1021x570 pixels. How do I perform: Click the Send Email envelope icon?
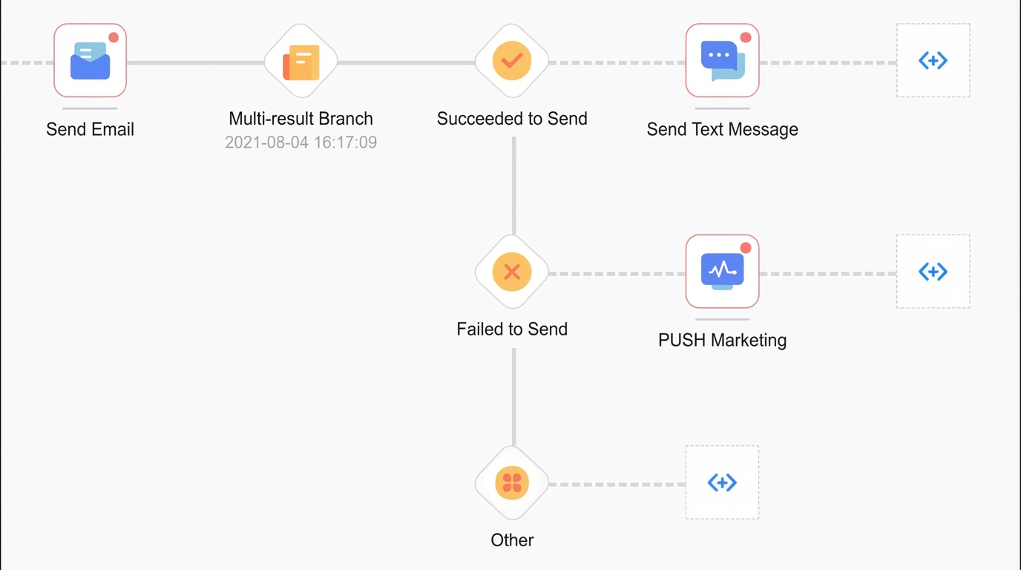tap(91, 61)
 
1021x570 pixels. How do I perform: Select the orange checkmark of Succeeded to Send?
tap(512, 61)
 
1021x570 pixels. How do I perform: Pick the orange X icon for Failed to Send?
tap(512, 272)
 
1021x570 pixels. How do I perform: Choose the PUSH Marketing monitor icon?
tap(723, 272)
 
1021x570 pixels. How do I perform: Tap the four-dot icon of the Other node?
tap(512, 483)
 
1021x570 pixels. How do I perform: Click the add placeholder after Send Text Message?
tap(933, 60)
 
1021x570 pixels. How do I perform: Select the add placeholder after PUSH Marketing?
tap(933, 272)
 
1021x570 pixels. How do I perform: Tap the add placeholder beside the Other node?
tap(722, 482)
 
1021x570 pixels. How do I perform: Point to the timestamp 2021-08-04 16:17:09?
tap(301, 142)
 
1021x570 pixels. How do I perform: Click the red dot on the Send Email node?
tap(114, 37)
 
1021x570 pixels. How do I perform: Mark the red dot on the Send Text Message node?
tap(746, 37)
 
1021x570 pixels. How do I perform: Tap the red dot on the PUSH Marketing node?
tap(746, 248)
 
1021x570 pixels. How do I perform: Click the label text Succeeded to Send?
tap(512, 119)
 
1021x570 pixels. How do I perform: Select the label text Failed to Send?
tap(512, 330)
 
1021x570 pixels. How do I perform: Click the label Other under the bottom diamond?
tap(512, 540)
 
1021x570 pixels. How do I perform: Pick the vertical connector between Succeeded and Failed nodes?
tap(514, 186)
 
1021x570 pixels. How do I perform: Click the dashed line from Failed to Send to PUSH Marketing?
tap(617, 274)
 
